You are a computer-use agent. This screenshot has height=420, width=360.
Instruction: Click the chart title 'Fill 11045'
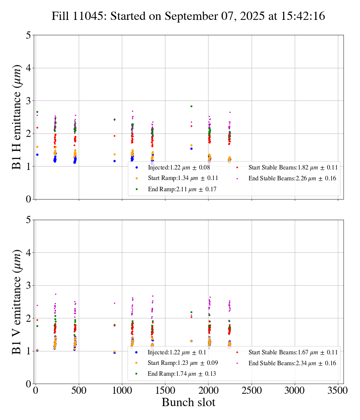(188, 16)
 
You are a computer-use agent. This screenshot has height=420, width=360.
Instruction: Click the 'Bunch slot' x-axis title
(188, 402)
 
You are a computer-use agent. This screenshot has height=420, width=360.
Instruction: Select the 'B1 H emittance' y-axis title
(17, 117)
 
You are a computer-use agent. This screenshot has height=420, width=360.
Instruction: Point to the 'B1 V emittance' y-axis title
(17, 302)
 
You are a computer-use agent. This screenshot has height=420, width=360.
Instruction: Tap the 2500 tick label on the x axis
(251, 390)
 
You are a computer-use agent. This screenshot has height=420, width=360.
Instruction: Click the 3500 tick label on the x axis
(338, 390)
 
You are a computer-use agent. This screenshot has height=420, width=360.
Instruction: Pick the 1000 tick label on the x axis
(122, 390)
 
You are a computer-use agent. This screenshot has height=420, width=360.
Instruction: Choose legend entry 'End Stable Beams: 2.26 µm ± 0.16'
(292, 178)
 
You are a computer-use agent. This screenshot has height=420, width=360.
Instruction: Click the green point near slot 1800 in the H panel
(191, 106)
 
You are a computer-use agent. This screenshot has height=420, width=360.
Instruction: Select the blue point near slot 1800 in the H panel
(191, 148)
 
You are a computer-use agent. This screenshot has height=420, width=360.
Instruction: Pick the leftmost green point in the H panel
(37, 112)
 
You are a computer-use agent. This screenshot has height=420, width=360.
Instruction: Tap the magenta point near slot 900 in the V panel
(114, 303)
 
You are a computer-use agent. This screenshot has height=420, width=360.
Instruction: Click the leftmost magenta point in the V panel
(37, 305)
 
